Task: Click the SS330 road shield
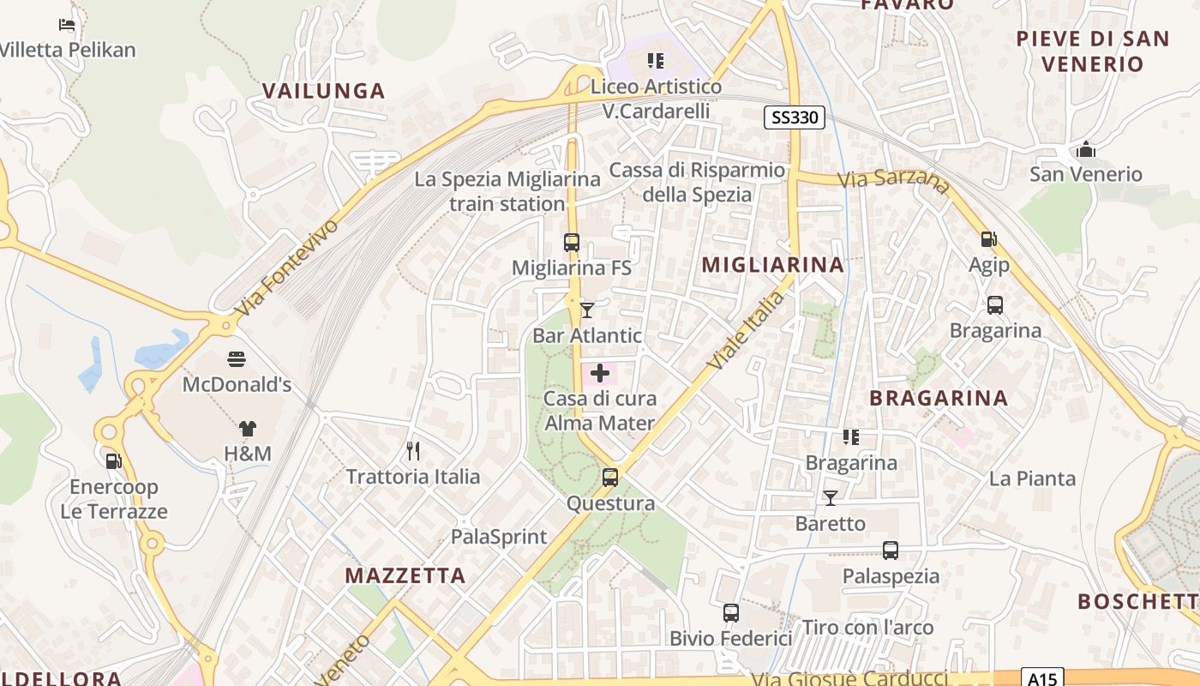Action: click(795, 117)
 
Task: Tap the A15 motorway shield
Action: click(1042, 678)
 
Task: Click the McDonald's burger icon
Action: click(237, 358)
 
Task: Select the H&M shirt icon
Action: click(248, 428)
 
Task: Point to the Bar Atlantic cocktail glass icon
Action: click(587, 310)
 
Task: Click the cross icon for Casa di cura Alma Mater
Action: click(600, 373)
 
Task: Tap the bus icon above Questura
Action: click(610, 478)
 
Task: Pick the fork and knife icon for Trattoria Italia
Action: click(413, 451)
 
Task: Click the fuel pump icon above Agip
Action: click(988, 240)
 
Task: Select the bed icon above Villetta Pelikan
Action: click(67, 24)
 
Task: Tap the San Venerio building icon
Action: click(1086, 150)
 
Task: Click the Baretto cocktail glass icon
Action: click(830, 497)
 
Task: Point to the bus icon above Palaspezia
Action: click(891, 551)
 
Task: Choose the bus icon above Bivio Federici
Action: click(730, 613)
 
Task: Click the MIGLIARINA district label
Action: click(773, 265)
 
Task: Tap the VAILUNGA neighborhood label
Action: click(323, 91)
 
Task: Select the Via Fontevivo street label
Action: click(287, 267)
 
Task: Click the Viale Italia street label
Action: click(747, 330)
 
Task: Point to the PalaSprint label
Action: click(499, 538)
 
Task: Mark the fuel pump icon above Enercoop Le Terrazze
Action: click(113, 461)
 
